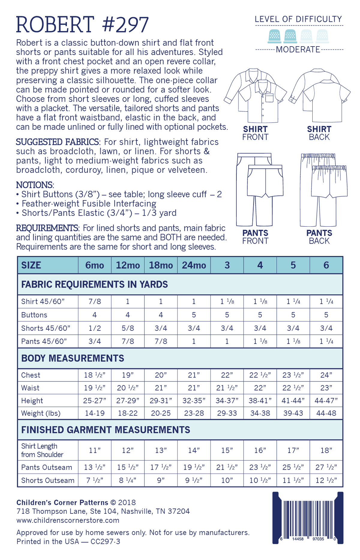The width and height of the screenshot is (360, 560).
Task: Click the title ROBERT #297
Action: pyautogui.click(x=82, y=25)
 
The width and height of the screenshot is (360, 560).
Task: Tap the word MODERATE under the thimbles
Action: pyautogui.click(x=298, y=50)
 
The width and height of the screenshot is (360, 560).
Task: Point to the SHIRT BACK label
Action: pyautogui.click(x=319, y=133)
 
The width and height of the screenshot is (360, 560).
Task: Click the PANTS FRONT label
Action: pyautogui.click(x=255, y=237)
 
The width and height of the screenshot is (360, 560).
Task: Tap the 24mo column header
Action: pyautogui.click(x=194, y=265)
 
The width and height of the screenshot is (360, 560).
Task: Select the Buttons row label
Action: pyautogui.click(x=34, y=315)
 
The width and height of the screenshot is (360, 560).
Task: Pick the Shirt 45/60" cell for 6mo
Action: pyautogui.click(x=94, y=301)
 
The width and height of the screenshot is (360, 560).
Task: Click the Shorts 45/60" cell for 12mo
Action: pyautogui.click(x=128, y=328)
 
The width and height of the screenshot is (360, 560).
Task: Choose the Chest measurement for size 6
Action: pyautogui.click(x=326, y=375)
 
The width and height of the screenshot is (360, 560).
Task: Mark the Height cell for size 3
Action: pyautogui.click(x=227, y=401)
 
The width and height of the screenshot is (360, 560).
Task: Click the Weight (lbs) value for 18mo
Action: pyautogui.click(x=161, y=413)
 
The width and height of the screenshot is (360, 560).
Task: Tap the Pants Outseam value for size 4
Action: pyautogui.click(x=260, y=467)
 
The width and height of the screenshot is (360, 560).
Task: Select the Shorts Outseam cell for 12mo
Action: pyautogui.click(x=128, y=480)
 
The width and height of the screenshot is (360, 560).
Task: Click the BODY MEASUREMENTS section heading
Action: pyautogui.click(x=73, y=358)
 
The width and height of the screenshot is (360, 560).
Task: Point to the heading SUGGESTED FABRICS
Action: pyautogui.click(x=57, y=142)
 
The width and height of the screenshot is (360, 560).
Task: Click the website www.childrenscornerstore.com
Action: pyautogui.click(x=68, y=520)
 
